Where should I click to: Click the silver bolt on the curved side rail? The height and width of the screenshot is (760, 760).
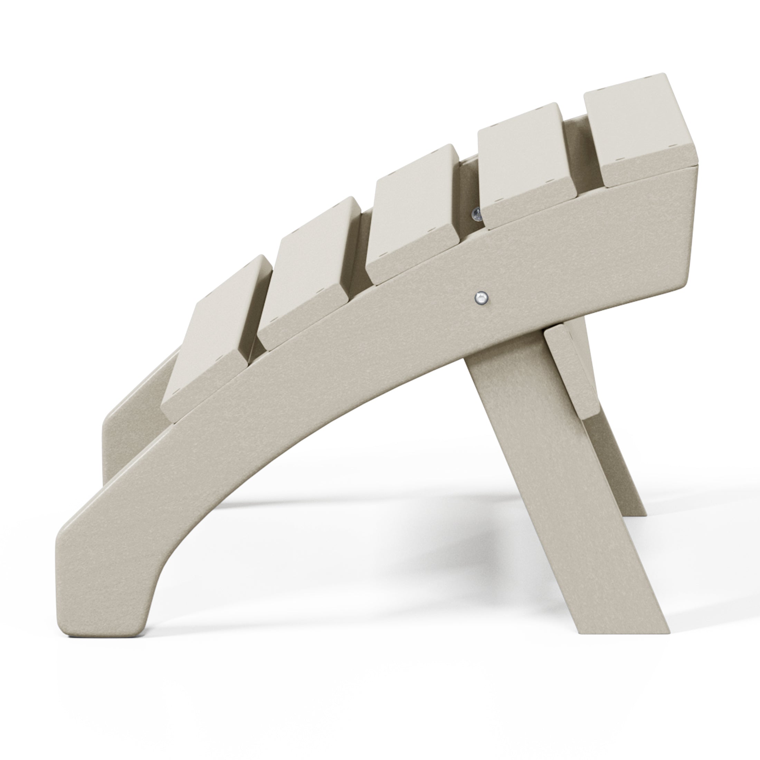point(481,297)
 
